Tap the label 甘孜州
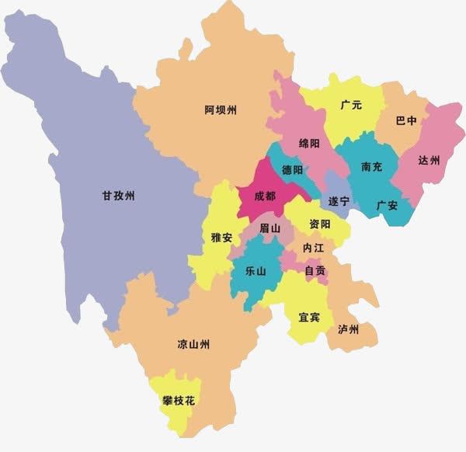pos(119,196)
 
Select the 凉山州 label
pos(193,344)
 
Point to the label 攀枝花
pos(178,401)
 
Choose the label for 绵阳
pos(309,144)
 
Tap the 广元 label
pos(351,105)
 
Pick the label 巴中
pos(406,120)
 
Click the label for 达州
pos(429,160)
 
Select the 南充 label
pos(372,166)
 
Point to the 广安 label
pos(387,205)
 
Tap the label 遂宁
pos(339,201)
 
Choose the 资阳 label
pos(319,224)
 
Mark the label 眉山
pos(269,228)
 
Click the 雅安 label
pos(221,237)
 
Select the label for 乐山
pos(256,271)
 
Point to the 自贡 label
pos(315,271)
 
